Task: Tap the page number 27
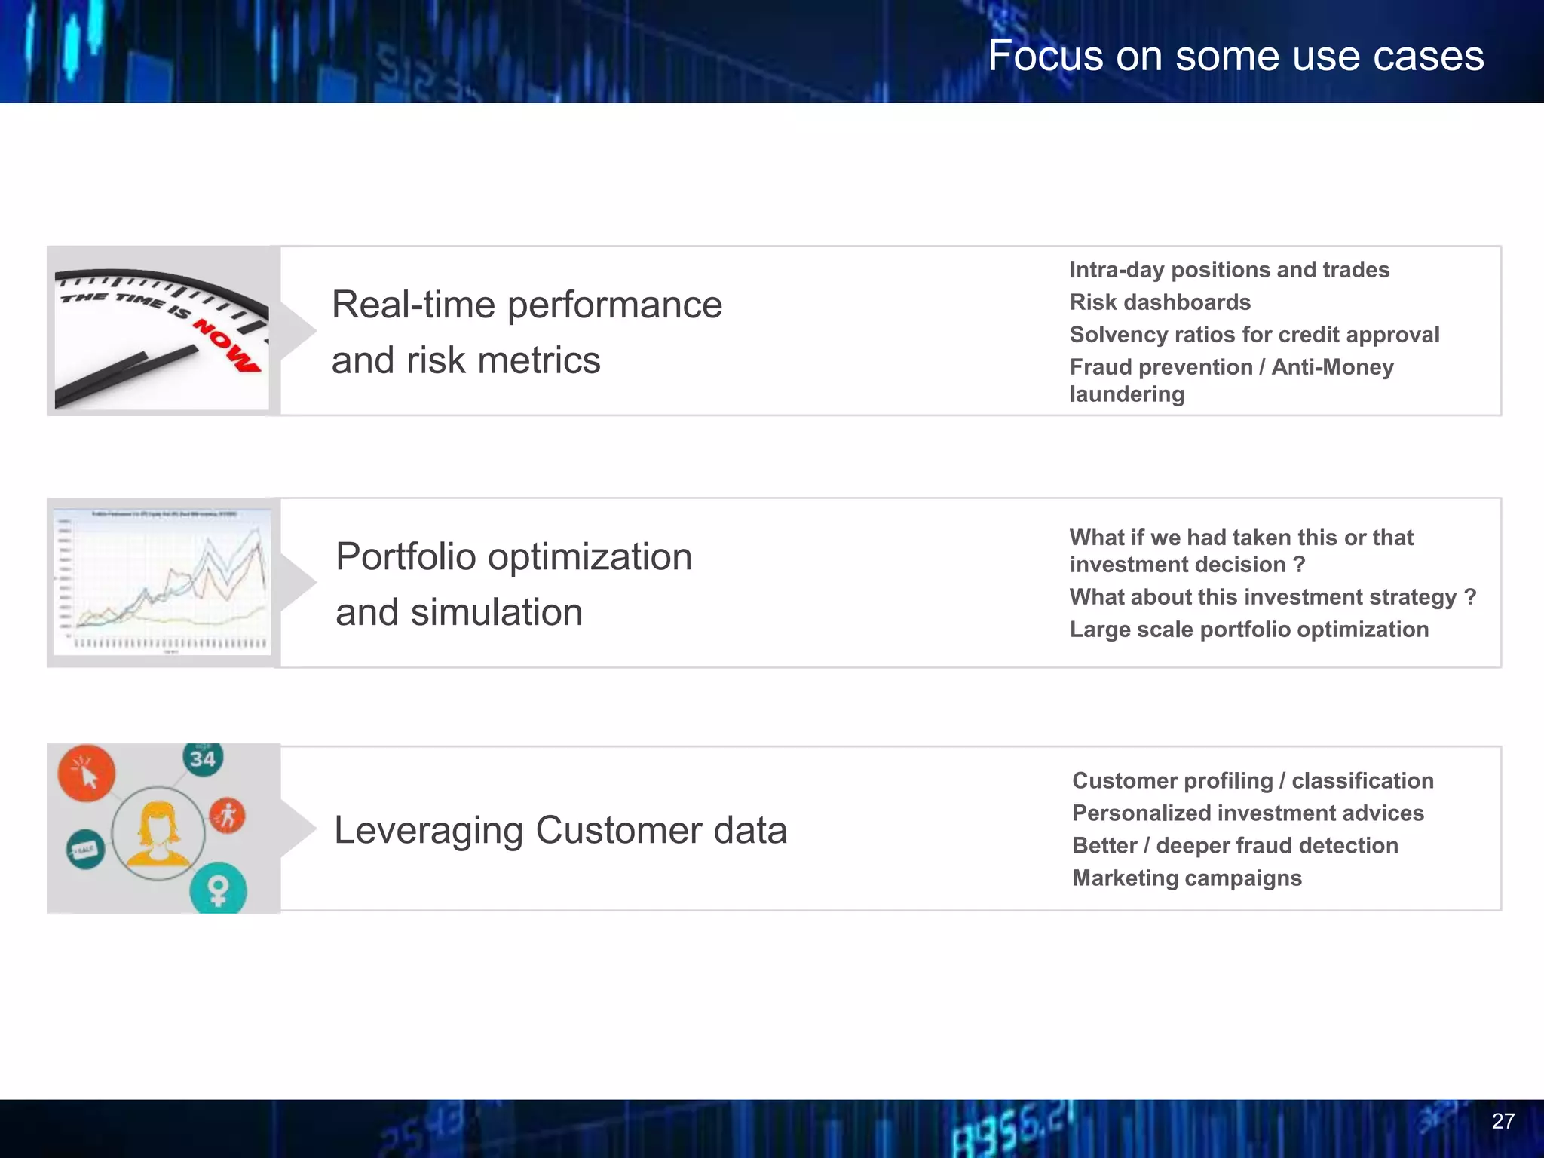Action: point(1503,1121)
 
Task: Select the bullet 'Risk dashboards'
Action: point(1160,302)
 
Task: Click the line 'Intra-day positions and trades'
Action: point(1229,270)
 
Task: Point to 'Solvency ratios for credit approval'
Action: point(1254,335)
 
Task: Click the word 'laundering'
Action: point(1126,394)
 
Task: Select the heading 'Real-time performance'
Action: point(526,305)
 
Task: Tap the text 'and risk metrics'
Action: point(466,360)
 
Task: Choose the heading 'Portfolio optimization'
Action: point(513,557)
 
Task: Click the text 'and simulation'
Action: point(458,612)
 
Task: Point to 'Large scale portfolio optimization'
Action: point(1248,630)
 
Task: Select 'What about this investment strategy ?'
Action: point(1272,597)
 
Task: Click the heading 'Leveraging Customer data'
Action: point(560,831)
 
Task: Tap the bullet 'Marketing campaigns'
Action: point(1187,878)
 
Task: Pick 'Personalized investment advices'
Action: point(1248,813)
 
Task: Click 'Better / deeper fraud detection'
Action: point(1235,846)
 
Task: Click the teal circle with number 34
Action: point(202,759)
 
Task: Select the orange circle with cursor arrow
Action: point(87,774)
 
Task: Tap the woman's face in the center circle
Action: point(158,826)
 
